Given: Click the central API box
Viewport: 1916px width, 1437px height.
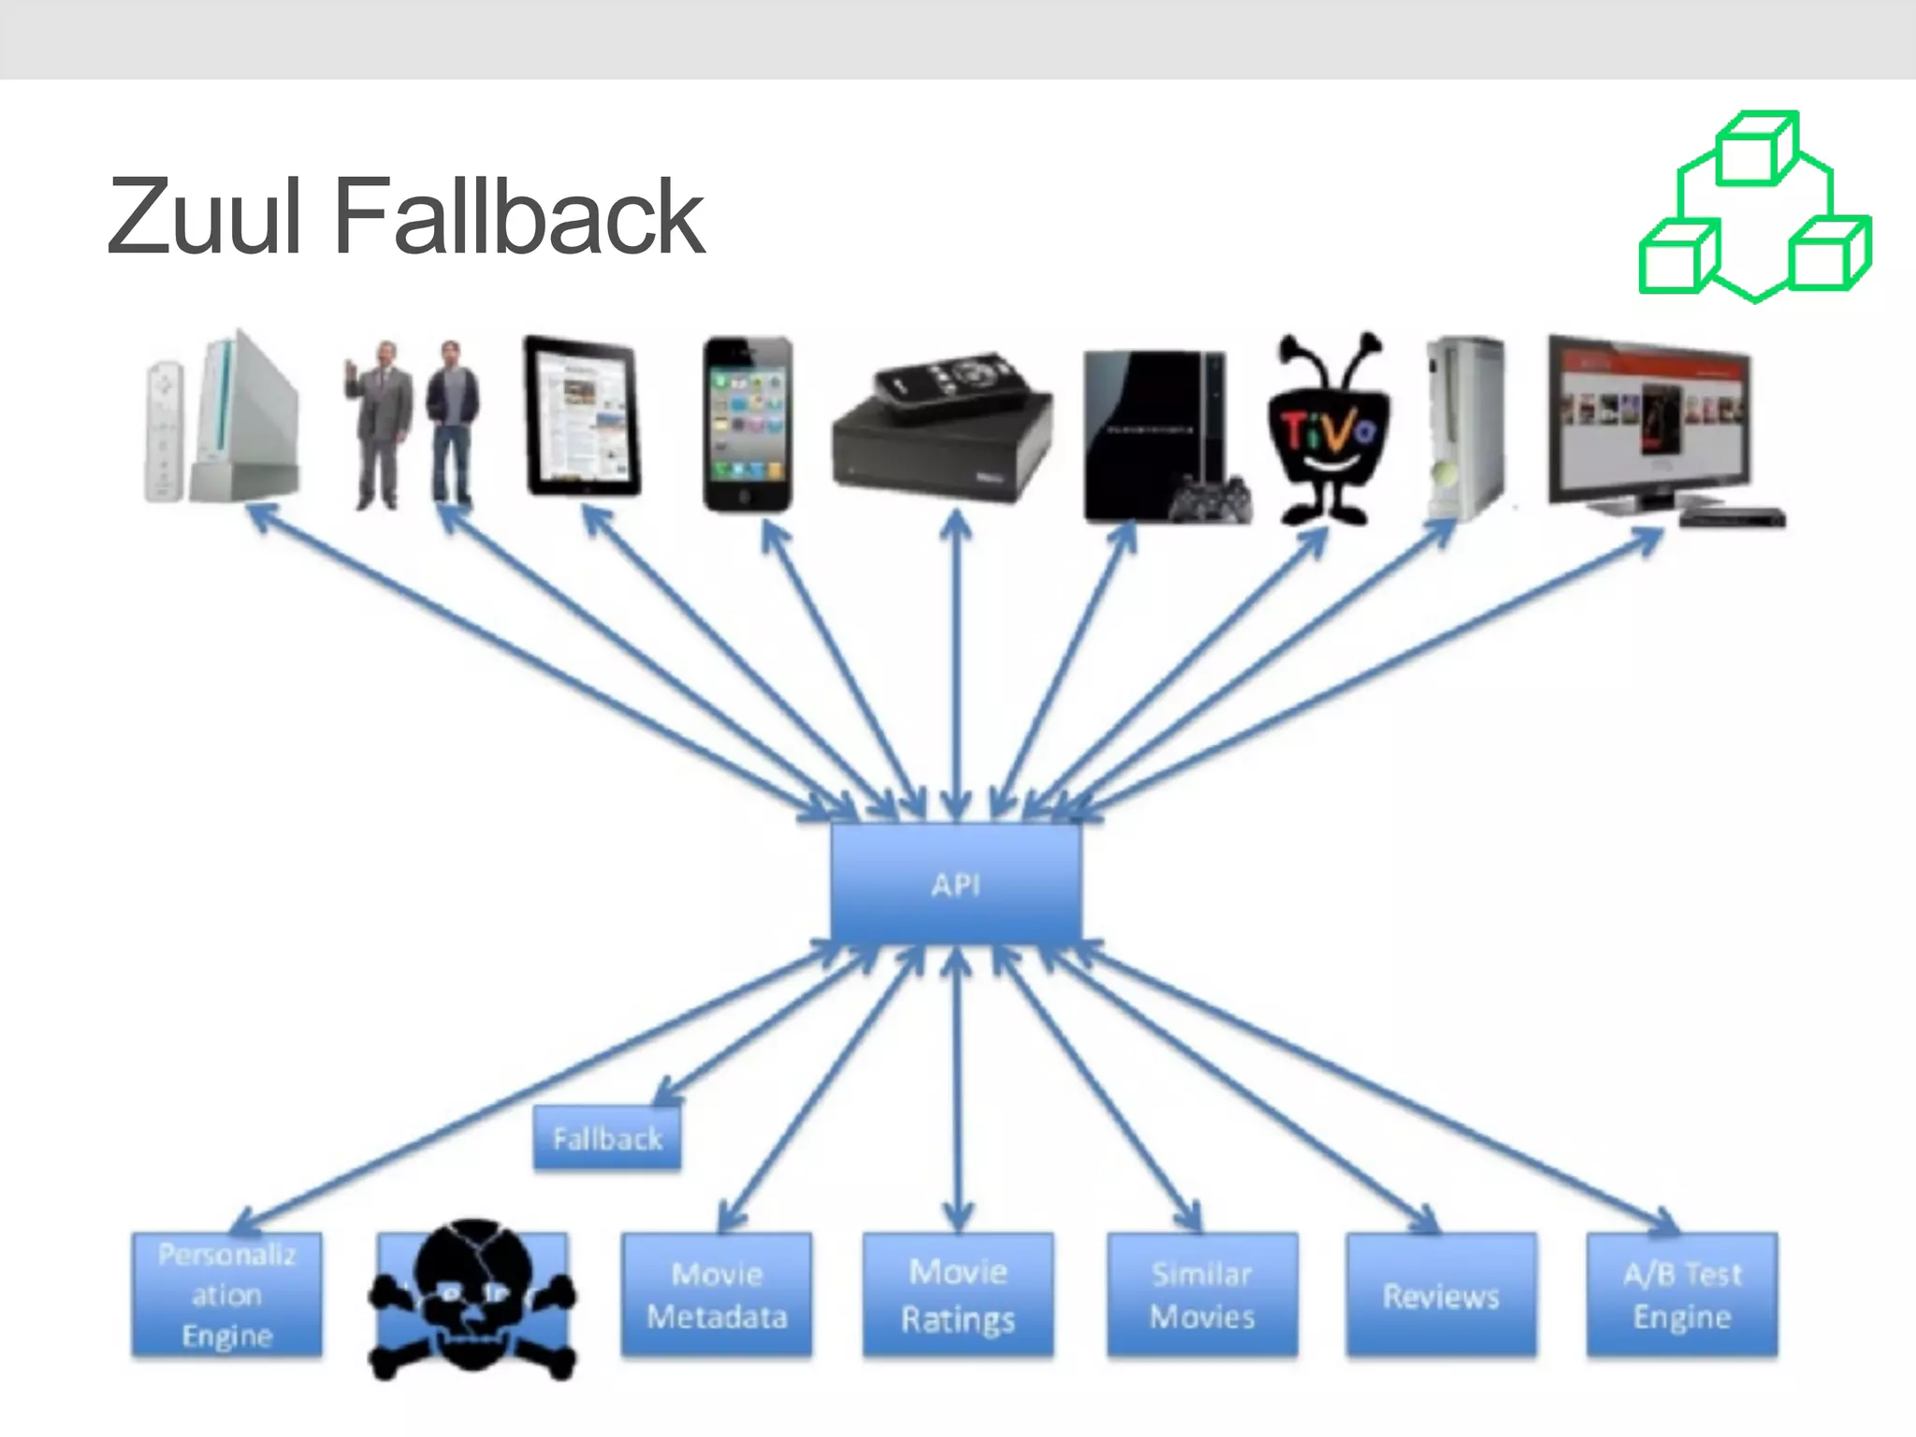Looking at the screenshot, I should [956, 884].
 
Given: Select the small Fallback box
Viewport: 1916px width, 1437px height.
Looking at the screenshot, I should [607, 1138].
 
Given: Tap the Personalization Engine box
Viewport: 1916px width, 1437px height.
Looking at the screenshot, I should [227, 1294].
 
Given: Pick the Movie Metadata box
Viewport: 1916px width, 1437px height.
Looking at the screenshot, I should [717, 1295].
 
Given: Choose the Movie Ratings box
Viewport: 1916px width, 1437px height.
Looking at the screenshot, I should [958, 1295].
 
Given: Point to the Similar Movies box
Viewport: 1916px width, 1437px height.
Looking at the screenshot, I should [1202, 1295].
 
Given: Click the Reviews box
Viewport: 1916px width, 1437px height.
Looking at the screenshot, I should [1441, 1295].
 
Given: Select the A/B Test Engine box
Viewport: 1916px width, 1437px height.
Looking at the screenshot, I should [1682, 1295].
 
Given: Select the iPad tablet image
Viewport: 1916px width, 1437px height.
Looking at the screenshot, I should [582, 416].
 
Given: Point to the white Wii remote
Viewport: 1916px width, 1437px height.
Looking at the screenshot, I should [164, 430].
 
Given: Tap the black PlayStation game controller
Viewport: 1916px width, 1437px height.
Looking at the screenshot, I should [1213, 499].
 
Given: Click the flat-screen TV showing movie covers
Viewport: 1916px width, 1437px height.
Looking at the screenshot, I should [1649, 421].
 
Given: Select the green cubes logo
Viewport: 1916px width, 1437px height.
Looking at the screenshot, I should [1755, 208].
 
